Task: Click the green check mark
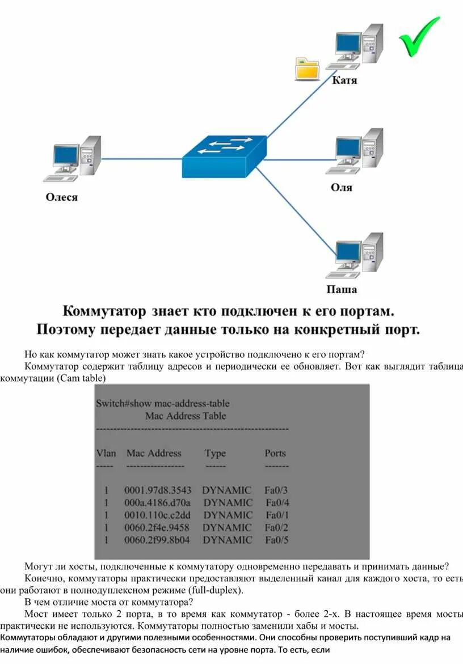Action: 419,36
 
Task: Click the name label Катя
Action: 344,81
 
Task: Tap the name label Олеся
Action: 62,198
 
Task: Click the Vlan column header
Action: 106,453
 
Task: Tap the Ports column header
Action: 275,453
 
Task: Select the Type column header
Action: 215,453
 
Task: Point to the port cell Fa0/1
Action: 277,515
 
